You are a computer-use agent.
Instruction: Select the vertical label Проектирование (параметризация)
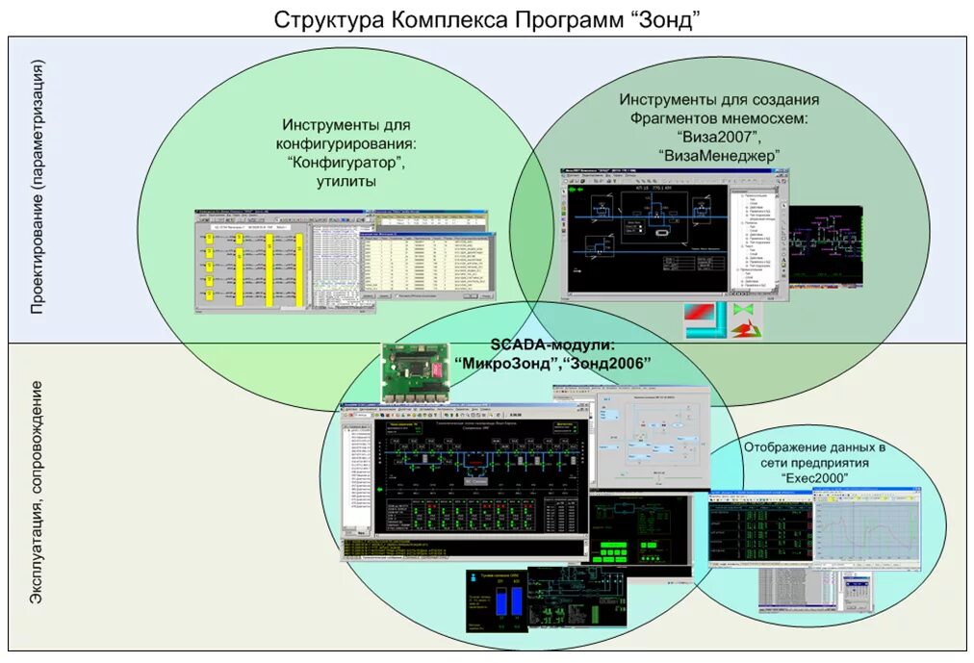click(x=38, y=187)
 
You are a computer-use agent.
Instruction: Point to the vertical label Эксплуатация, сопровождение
click(x=38, y=492)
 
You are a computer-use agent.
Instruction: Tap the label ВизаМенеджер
click(x=719, y=154)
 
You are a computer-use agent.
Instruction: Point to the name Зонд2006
click(x=609, y=363)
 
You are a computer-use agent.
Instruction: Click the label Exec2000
click(x=814, y=477)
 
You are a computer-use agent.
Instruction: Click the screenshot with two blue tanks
click(x=498, y=601)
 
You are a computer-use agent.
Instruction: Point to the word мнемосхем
click(x=760, y=117)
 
